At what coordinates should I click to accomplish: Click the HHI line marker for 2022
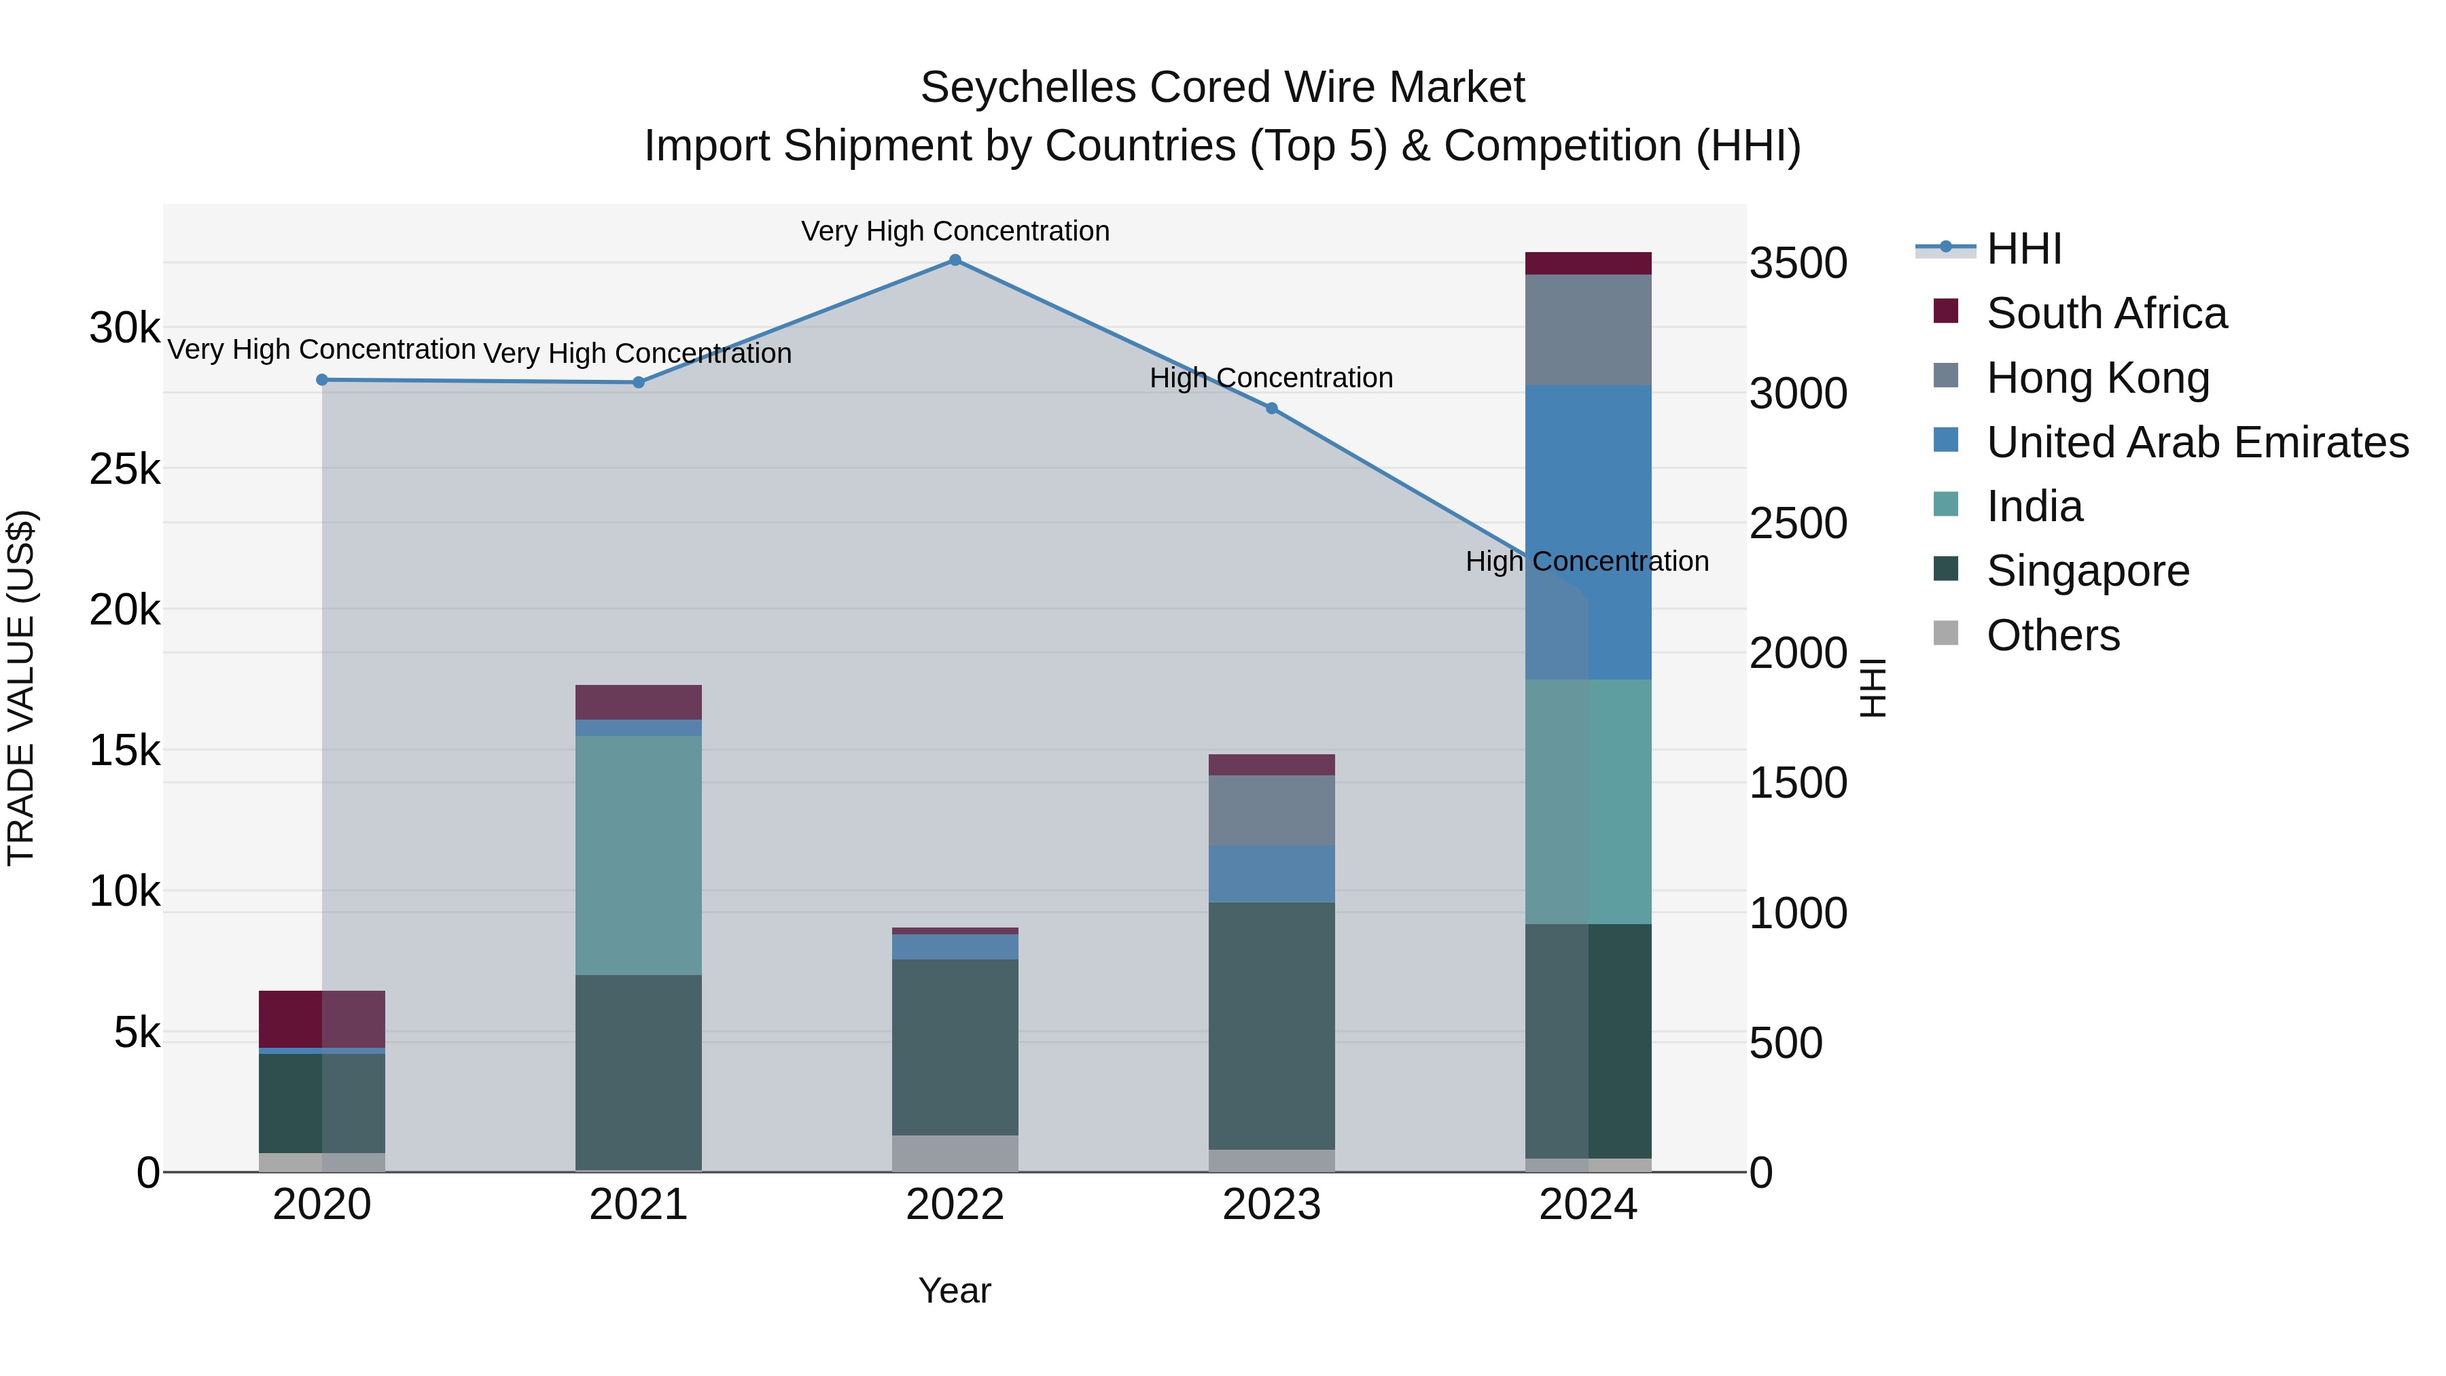click(955, 260)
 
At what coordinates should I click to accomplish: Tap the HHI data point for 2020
click(322, 380)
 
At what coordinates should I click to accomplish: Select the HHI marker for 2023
click(1271, 408)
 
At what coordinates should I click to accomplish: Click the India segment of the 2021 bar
click(638, 855)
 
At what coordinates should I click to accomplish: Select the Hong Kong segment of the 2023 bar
click(1271, 810)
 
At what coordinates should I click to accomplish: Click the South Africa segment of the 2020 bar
click(322, 1019)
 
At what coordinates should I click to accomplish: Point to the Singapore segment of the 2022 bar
click(955, 1046)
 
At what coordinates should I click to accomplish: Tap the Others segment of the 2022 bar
click(955, 1153)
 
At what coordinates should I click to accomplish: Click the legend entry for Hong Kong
click(2097, 378)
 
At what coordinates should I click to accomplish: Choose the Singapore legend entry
click(2087, 571)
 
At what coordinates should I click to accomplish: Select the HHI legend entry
click(2023, 249)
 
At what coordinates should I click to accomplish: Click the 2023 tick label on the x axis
click(1271, 1205)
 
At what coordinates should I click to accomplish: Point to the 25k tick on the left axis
click(124, 469)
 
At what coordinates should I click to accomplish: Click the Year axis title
click(955, 1290)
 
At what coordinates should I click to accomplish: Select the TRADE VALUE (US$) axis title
click(21, 688)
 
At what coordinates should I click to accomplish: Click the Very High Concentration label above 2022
click(955, 231)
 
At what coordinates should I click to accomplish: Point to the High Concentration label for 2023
click(1271, 378)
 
